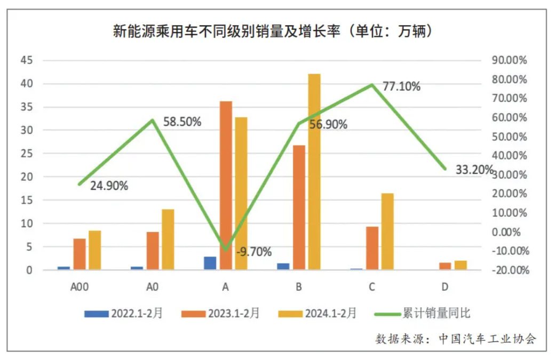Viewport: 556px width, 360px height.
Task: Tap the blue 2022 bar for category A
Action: pyautogui.click(x=210, y=263)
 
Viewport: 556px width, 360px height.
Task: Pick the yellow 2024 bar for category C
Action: pyautogui.click(x=387, y=231)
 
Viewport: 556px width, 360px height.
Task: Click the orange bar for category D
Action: pyautogui.click(x=445, y=266)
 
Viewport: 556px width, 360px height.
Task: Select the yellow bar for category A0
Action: pyautogui.click(x=168, y=239)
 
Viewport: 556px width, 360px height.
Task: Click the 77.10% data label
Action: pyautogui.click(x=402, y=86)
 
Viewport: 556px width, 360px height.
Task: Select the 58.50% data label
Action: pyautogui.click(x=182, y=122)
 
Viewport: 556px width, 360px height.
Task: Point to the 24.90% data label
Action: pyautogui.click(x=109, y=186)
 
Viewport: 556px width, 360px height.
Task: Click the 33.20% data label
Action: pyautogui.click(x=474, y=170)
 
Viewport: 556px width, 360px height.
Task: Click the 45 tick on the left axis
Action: pyautogui.click(x=26, y=60)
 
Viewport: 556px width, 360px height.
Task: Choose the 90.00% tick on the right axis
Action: pyautogui.click(x=509, y=60)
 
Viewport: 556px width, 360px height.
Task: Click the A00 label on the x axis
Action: pyautogui.click(x=79, y=287)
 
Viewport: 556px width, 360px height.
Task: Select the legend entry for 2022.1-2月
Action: pyautogui.click(x=123, y=313)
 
